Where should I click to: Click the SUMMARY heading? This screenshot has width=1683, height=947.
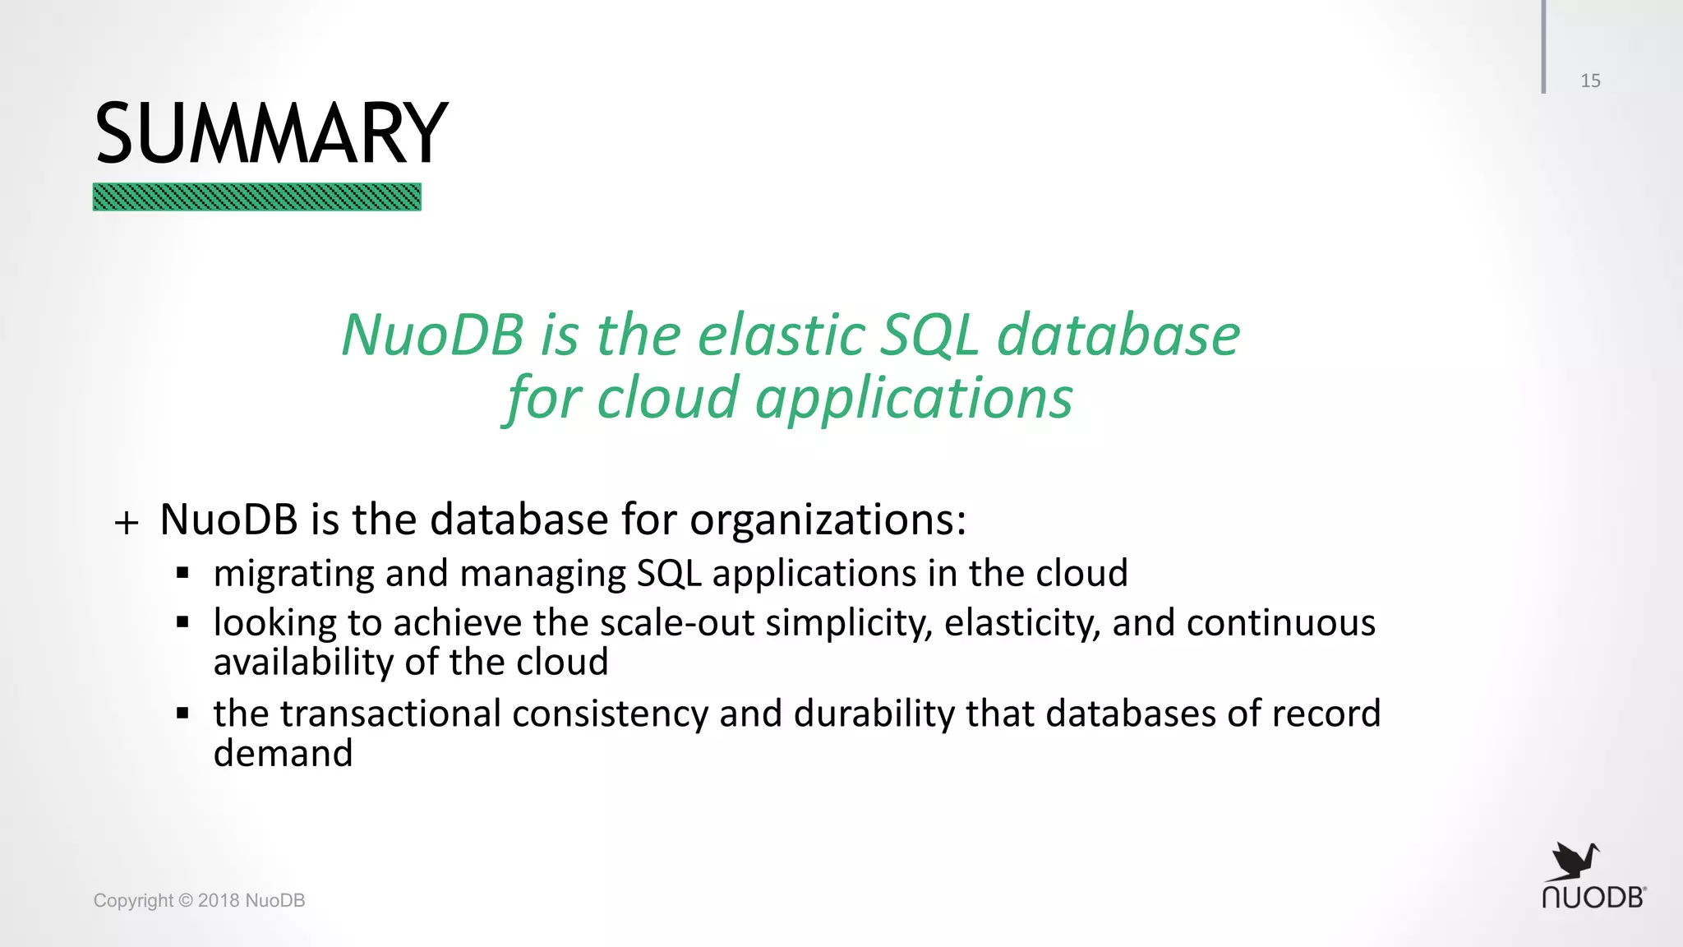click(271, 133)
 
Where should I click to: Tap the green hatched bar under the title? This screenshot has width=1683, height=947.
click(256, 197)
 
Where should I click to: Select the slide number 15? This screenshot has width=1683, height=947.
click(1590, 81)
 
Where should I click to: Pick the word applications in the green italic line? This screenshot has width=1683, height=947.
click(914, 399)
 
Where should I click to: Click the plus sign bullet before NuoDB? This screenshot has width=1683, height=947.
click(127, 522)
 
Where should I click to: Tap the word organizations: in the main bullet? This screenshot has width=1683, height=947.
click(828, 520)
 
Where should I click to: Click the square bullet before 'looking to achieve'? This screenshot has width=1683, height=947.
click(182, 622)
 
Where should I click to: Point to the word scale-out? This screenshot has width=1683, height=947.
click(677, 623)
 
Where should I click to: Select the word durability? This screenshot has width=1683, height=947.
click(874, 714)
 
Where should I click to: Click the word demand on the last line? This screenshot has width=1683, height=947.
click(283, 753)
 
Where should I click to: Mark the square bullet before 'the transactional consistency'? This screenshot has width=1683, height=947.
click(182, 713)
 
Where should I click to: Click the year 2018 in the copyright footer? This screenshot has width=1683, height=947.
click(219, 900)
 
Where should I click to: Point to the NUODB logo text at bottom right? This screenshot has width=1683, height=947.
click(1593, 898)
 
